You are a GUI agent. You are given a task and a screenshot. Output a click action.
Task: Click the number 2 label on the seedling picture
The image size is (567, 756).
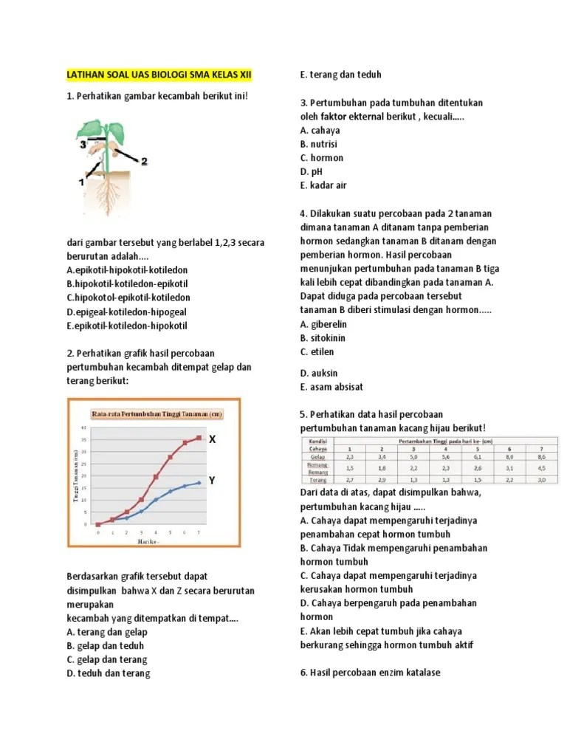click(x=144, y=161)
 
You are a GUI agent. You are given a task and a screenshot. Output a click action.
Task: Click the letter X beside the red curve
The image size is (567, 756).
click(x=212, y=439)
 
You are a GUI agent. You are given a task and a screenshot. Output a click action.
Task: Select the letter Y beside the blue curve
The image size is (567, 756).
click(x=211, y=481)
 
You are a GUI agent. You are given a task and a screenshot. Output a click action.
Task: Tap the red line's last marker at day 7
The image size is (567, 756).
click(x=199, y=438)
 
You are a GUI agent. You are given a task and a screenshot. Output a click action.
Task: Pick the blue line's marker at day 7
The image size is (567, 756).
click(x=199, y=483)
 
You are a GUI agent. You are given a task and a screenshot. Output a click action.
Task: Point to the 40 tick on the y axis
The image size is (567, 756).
click(x=84, y=428)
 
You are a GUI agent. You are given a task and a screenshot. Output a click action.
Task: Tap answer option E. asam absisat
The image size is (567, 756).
click(x=331, y=387)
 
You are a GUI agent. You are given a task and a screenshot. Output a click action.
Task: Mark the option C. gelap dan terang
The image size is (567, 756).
click(x=107, y=659)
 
